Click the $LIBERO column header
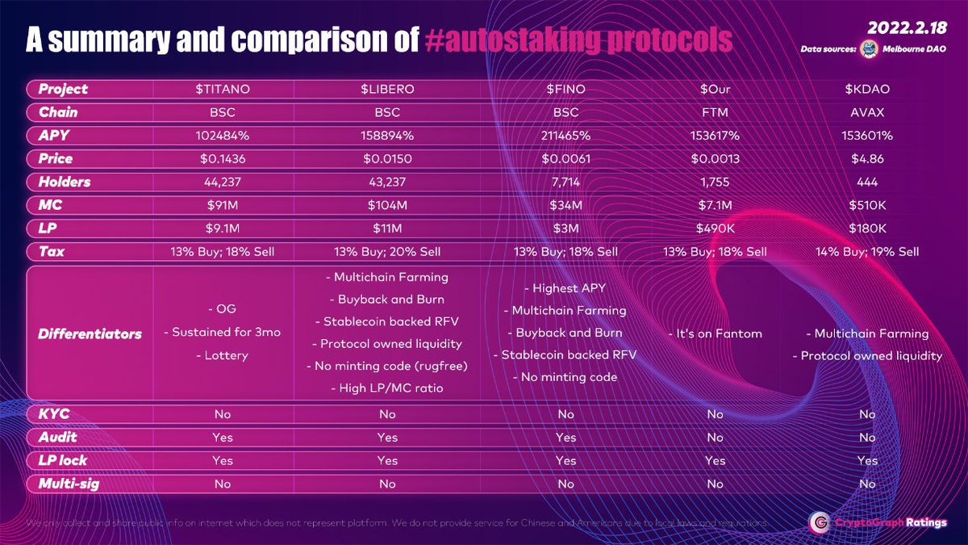387,89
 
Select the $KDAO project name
867,89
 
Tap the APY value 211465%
565,136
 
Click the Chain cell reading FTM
716,112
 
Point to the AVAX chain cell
867,112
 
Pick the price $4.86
867,159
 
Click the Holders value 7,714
565,182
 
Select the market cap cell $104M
387,206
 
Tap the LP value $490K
716,229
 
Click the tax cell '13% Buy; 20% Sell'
387,252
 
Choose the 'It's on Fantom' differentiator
716,333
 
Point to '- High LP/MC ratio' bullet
387,388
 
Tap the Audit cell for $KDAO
867,437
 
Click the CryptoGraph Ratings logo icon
820,522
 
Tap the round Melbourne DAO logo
870,48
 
